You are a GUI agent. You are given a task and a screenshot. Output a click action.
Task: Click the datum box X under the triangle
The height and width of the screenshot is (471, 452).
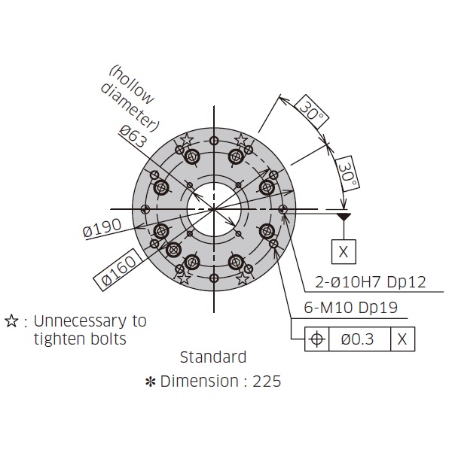(x=344, y=251)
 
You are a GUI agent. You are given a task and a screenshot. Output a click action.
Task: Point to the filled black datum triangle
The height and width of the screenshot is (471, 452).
(x=344, y=217)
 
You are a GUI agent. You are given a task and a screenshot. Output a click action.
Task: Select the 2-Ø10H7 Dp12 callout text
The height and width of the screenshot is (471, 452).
(x=371, y=282)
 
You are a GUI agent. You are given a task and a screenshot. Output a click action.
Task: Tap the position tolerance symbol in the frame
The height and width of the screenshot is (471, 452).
(x=316, y=339)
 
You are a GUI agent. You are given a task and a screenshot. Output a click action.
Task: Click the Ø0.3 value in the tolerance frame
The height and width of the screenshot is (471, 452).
(x=357, y=339)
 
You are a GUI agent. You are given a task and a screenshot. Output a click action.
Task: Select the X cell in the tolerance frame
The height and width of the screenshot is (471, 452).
(x=402, y=339)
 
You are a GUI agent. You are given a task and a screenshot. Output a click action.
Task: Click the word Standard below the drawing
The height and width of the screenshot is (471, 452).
(x=213, y=357)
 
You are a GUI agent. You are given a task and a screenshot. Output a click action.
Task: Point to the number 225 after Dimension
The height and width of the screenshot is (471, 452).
(x=267, y=381)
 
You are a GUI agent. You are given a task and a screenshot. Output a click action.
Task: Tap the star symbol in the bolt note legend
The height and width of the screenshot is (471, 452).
(x=11, y=321)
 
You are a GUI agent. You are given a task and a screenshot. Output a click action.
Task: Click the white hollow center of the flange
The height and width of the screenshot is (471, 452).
(x=215, y=208)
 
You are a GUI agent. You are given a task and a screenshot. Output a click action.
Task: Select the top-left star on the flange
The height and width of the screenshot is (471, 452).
(x=186, y=139)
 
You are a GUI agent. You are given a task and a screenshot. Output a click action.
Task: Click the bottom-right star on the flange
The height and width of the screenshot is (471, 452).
(x=243, y=278)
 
